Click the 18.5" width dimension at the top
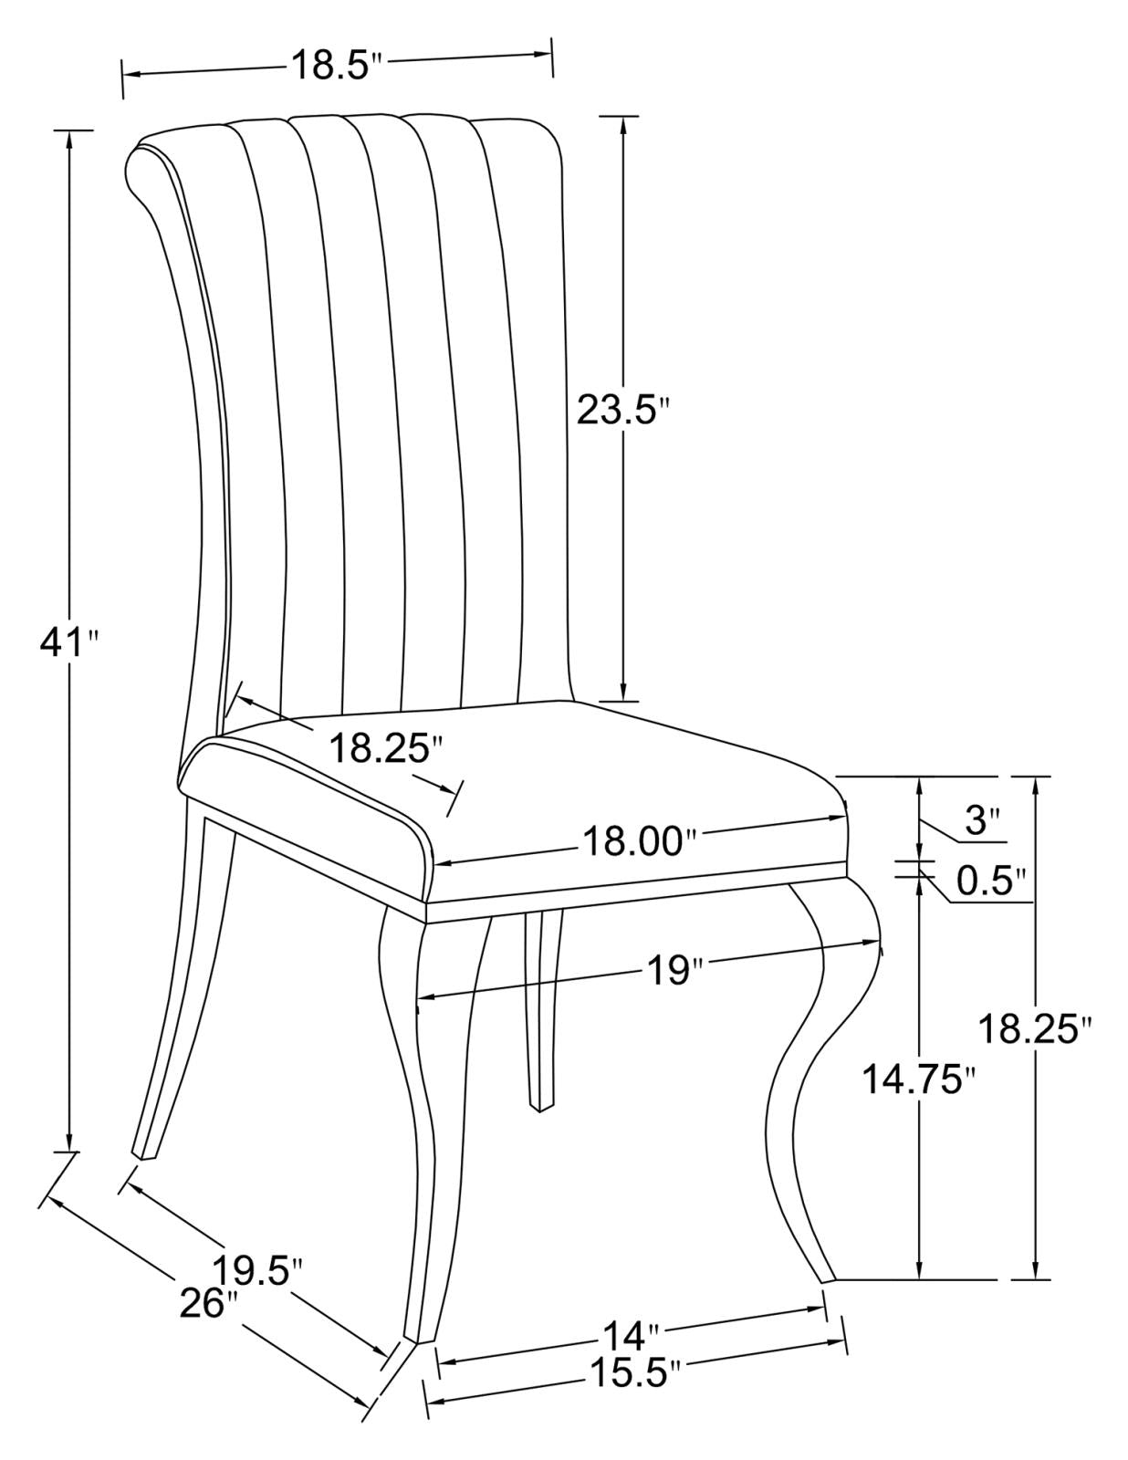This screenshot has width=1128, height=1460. click(x=334, y=66)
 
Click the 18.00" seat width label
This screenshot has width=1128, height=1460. click(x=633, y=840)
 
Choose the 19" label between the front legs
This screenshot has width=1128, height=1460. click(x=671, y=969)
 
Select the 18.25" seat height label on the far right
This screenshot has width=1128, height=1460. click(x=1035, y=1028)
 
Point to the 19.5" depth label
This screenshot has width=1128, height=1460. click(x=256, y=1270)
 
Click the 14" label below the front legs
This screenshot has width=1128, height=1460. click(x=629, y=1338)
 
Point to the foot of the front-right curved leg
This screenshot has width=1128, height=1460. click(x=827, y=1277)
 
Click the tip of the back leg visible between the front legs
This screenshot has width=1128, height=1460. click(x=540, y=1106)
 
